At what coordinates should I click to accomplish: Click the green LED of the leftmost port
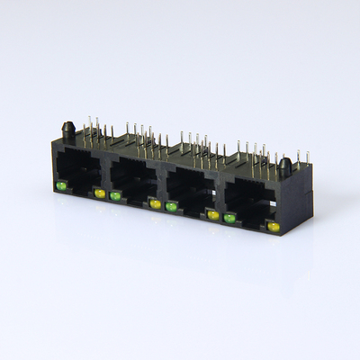(x=61, y=185)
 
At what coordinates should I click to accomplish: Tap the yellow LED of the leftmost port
(x=99, y=193)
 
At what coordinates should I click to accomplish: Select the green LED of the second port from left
(x=115, y=195)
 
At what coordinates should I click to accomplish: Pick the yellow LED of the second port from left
(x=155, y=204)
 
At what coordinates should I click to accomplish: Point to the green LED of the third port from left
(x=171, y=207)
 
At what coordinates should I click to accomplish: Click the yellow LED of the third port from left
(x=213, y=215)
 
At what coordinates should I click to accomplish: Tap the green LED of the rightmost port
(x=230, y=218)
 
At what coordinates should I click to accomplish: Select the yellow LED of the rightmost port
(x=273, y=227)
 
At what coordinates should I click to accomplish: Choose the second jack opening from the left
(x=135, y=180)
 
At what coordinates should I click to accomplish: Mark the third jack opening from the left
(x=192, y=191)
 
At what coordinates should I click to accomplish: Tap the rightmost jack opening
(x=251, y=202)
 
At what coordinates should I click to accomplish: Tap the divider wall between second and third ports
(x=163, y=184)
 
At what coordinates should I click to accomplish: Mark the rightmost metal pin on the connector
(x=307, y=158)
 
